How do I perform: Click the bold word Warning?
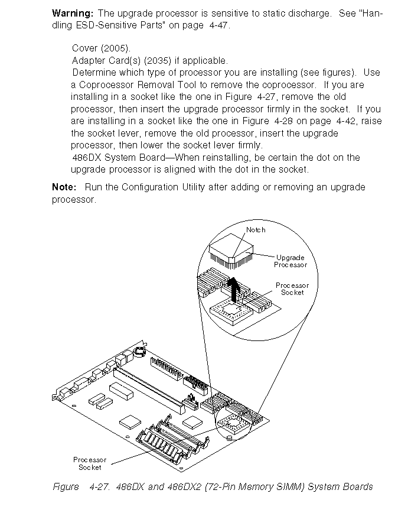click(72, 13)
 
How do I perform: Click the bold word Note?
click(64, 187)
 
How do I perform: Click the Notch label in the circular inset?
click(256, 230)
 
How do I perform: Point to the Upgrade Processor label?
click(291, 261)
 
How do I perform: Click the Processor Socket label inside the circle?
click(292, 288)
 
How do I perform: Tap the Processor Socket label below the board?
click(90, 463)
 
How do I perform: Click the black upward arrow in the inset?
click(236, 289)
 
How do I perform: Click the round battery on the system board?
click(140, 352)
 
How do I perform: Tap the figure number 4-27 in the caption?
click(99, 486)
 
